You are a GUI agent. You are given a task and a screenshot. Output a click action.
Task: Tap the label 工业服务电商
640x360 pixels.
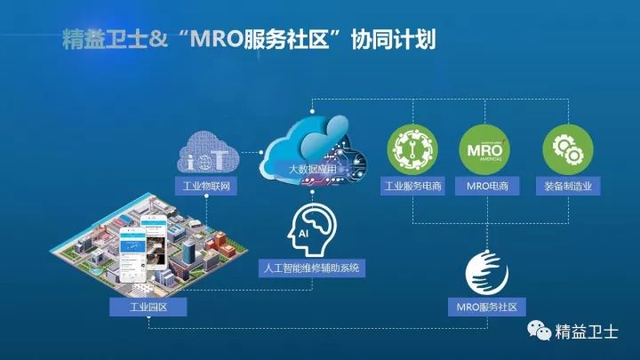pos(413,187)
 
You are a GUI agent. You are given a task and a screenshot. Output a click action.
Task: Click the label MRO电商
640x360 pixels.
pos(485,187)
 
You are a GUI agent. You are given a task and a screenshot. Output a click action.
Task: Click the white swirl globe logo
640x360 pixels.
pos(487,273)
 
